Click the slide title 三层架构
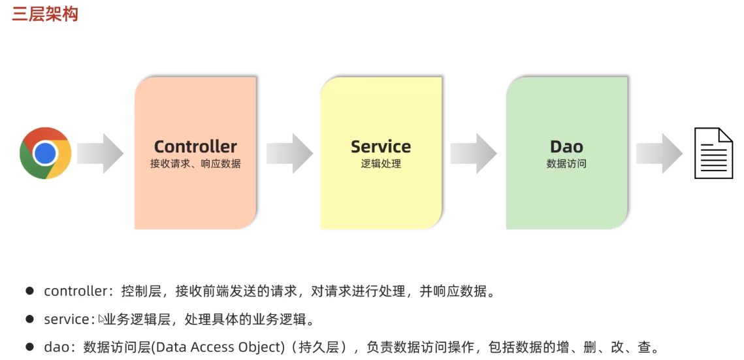click(x=45, y=14)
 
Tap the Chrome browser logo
click(x=45, y=153)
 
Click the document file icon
click(x=713, y=153)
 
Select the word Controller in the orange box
click(x=195, y=146)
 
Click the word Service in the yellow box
click(x=381, y=146)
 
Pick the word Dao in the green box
click(x=566, y=146)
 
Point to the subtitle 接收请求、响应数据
click(x=195, y=164)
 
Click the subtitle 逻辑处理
click(x=381, y=164)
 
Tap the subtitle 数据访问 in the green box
click(x=566, y=164)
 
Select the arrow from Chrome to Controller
click(x=100, y=154)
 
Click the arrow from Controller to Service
click(x=289, y=154)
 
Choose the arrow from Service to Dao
click(x=474, y=154)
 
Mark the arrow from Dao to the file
click(x=659, y=154)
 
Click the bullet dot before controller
click(x=29, y=291)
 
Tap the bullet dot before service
click(x=29, y=319)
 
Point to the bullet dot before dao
click(x=29, y=347)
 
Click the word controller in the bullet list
click(x=75, y=291)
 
